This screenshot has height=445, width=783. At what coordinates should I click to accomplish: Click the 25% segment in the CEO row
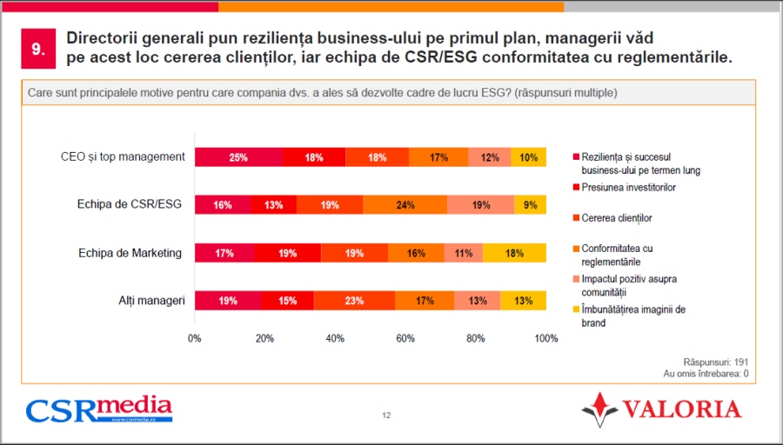click(238, 157)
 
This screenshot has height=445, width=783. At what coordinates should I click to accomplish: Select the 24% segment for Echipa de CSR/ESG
click(405, 205)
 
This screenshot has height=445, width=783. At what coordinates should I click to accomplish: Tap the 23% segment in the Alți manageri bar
click(354, 301)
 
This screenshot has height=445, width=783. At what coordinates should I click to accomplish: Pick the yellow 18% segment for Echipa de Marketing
click(514, 253)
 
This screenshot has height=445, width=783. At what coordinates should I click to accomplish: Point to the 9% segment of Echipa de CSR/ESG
click(530, 205)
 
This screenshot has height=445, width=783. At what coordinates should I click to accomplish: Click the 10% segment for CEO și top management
click(528, 157)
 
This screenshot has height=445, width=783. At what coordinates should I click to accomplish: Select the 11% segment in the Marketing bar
click(463, 253)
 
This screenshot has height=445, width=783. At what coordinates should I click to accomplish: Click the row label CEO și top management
click(123, 157)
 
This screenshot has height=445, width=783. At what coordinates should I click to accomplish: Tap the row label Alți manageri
click(152, 301)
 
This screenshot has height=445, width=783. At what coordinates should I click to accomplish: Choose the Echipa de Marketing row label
click(129, 253)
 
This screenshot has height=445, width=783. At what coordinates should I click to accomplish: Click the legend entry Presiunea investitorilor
click(628, 187)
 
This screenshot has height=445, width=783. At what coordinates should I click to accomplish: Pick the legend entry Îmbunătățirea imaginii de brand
click(635, 316)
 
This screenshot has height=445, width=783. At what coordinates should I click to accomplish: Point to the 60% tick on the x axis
click(405, 339)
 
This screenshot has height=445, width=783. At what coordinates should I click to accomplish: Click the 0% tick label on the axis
click(195, 339)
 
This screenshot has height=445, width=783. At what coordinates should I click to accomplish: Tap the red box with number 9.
click(38, 50)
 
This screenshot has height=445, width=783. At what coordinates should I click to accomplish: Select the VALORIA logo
click(661, 408)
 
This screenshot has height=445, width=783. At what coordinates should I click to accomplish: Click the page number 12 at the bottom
click(386, 415)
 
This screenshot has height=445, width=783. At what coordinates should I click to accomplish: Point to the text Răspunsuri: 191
click(716, 362)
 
